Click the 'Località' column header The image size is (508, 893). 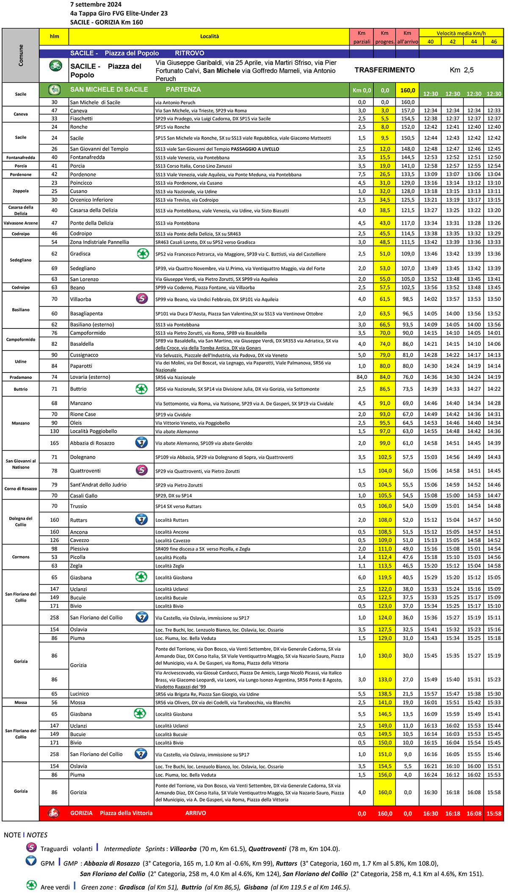coord(209,36)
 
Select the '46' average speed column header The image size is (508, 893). coord(494,42)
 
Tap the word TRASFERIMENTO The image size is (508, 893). coord(384,70)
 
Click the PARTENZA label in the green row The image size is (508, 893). coord(183,90)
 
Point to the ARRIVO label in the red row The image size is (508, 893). coord(196,813)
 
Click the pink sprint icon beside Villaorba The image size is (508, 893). coord(142,299)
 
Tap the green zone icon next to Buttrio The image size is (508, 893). coord(141,389)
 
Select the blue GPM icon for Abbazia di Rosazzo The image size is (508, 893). coord(141,443)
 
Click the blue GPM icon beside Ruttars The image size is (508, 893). coord(141,520)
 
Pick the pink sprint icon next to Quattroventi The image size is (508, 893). coord(141,470)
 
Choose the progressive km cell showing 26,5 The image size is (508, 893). coord(384,174)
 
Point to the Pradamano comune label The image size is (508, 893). coord(21,377)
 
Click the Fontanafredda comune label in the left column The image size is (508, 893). coord(21,157)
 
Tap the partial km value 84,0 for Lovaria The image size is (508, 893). coord(362,377)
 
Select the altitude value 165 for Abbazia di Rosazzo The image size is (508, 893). coord(54,443)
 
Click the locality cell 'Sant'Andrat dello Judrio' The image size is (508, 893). coord(98,484)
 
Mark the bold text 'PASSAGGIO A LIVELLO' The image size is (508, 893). coord(255,149)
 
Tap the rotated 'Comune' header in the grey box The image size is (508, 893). coord(21,55)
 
